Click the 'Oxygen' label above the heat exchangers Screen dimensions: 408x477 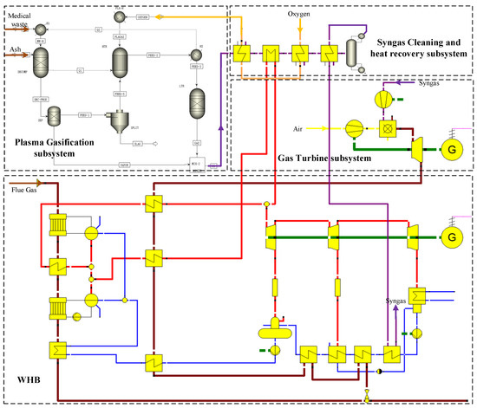click(x=300, y=15)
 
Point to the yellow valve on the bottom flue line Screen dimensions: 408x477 click(x=367, y=396)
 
